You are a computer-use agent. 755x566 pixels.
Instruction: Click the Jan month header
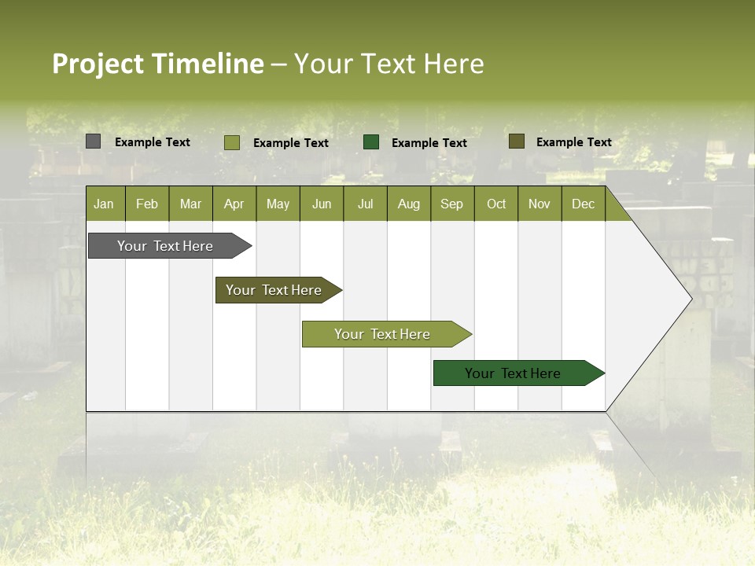click(x=105, y=204)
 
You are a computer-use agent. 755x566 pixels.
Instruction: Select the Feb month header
click(x=147, y=204)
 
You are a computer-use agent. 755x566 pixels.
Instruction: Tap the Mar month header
click(x=190, y=204)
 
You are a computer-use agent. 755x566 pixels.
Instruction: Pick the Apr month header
click(x=234, y=204)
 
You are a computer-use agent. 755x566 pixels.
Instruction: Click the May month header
click(x=278, y=204)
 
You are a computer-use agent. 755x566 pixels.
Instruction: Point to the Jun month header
click(x=322, y=204)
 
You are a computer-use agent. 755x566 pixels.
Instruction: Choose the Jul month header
click(x=365, y=204)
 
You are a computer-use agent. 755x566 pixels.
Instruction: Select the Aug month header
click(x=409, y=204)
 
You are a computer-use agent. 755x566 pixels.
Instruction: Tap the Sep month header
click(x=452, y=204)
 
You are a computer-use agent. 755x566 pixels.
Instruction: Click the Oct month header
click(x=496, y=204)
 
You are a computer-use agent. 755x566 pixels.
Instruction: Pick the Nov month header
click(x=540, y=204)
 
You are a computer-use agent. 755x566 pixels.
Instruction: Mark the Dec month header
click(x=584, y=204)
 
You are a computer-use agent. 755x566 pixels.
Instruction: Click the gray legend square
click(x=94, y=141)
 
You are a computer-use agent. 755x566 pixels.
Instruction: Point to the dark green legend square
click(x=371, y=142)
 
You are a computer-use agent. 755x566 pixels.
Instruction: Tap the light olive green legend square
click(x=232, y=142)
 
